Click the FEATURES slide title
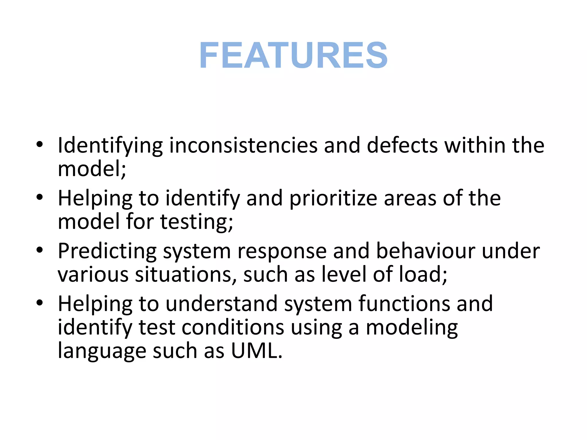[293, 55]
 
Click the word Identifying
[110, 146]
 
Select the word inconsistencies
[243, 146]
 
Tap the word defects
[402, 146]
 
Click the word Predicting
[107, 251]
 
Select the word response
[282, 251]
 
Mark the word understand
[222, 304]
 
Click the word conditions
[233, 327]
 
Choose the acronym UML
[256, 351]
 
